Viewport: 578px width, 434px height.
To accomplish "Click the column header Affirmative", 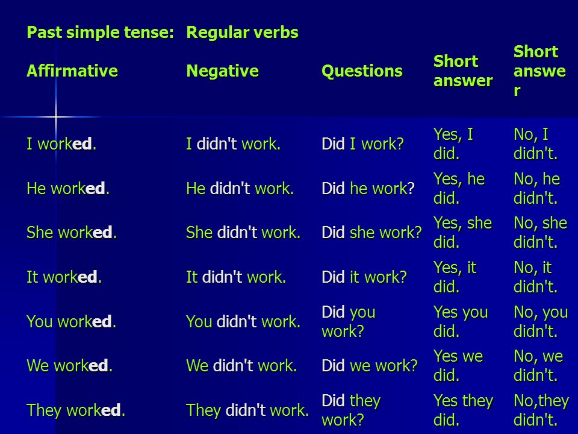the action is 72,71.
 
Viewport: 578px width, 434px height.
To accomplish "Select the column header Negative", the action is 222,71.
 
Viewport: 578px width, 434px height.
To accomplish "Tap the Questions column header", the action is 362,71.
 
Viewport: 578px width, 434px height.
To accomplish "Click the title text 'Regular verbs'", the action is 242,32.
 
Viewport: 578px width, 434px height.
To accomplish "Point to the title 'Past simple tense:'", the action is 101,32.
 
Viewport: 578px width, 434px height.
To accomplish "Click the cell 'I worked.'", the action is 61,143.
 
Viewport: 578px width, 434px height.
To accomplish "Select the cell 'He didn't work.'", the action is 240,188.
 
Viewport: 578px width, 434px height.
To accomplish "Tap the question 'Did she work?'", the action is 371,233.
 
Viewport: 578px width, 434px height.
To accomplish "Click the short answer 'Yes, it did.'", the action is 455,277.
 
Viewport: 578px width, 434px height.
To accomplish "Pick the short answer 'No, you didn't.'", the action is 541,321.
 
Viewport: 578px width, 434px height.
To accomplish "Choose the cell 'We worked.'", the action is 69,366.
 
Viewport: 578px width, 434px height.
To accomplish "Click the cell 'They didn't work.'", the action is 247,410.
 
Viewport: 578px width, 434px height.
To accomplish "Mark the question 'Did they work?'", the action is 351,410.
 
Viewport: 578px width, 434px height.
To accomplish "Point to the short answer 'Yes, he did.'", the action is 459,188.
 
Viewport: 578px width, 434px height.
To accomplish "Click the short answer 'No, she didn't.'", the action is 541,233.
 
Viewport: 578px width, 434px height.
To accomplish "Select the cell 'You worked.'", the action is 71,321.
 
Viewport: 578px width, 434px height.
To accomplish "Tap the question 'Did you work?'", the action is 349,321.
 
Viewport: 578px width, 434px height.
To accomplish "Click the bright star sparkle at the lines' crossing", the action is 56,118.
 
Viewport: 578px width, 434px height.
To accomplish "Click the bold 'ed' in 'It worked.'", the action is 87,277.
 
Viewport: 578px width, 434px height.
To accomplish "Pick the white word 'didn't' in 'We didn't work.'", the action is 233,365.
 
